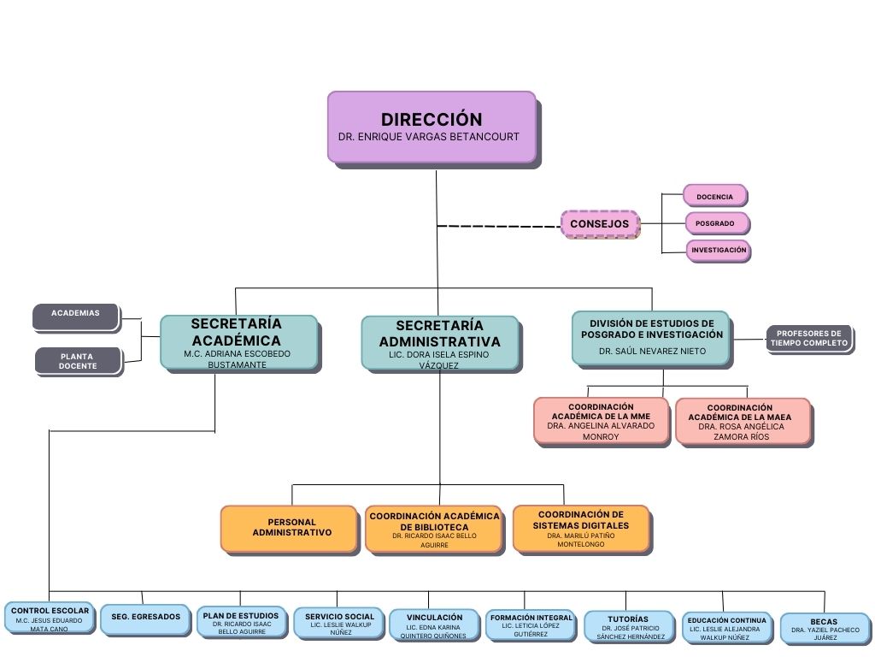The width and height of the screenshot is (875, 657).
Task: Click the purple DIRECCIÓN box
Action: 432,127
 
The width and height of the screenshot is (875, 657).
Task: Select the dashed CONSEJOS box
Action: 600,224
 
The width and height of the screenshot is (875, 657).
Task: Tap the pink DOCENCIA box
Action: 715,196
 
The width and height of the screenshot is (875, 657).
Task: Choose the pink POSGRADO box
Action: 716,223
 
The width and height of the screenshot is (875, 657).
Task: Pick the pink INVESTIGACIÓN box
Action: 719,251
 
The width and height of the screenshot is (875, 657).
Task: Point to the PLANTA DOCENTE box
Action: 79,361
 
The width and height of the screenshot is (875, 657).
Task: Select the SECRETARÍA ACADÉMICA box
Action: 238,342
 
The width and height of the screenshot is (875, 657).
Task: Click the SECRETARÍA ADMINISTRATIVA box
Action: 439,343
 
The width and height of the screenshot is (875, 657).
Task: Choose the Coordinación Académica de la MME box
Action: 602,421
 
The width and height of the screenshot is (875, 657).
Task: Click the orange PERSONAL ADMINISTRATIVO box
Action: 289,528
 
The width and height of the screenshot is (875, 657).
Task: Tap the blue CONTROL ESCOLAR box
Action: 50,619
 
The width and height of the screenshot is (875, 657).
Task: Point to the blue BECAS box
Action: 824,629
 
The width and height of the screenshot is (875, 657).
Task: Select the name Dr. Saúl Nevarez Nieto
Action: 651,352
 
